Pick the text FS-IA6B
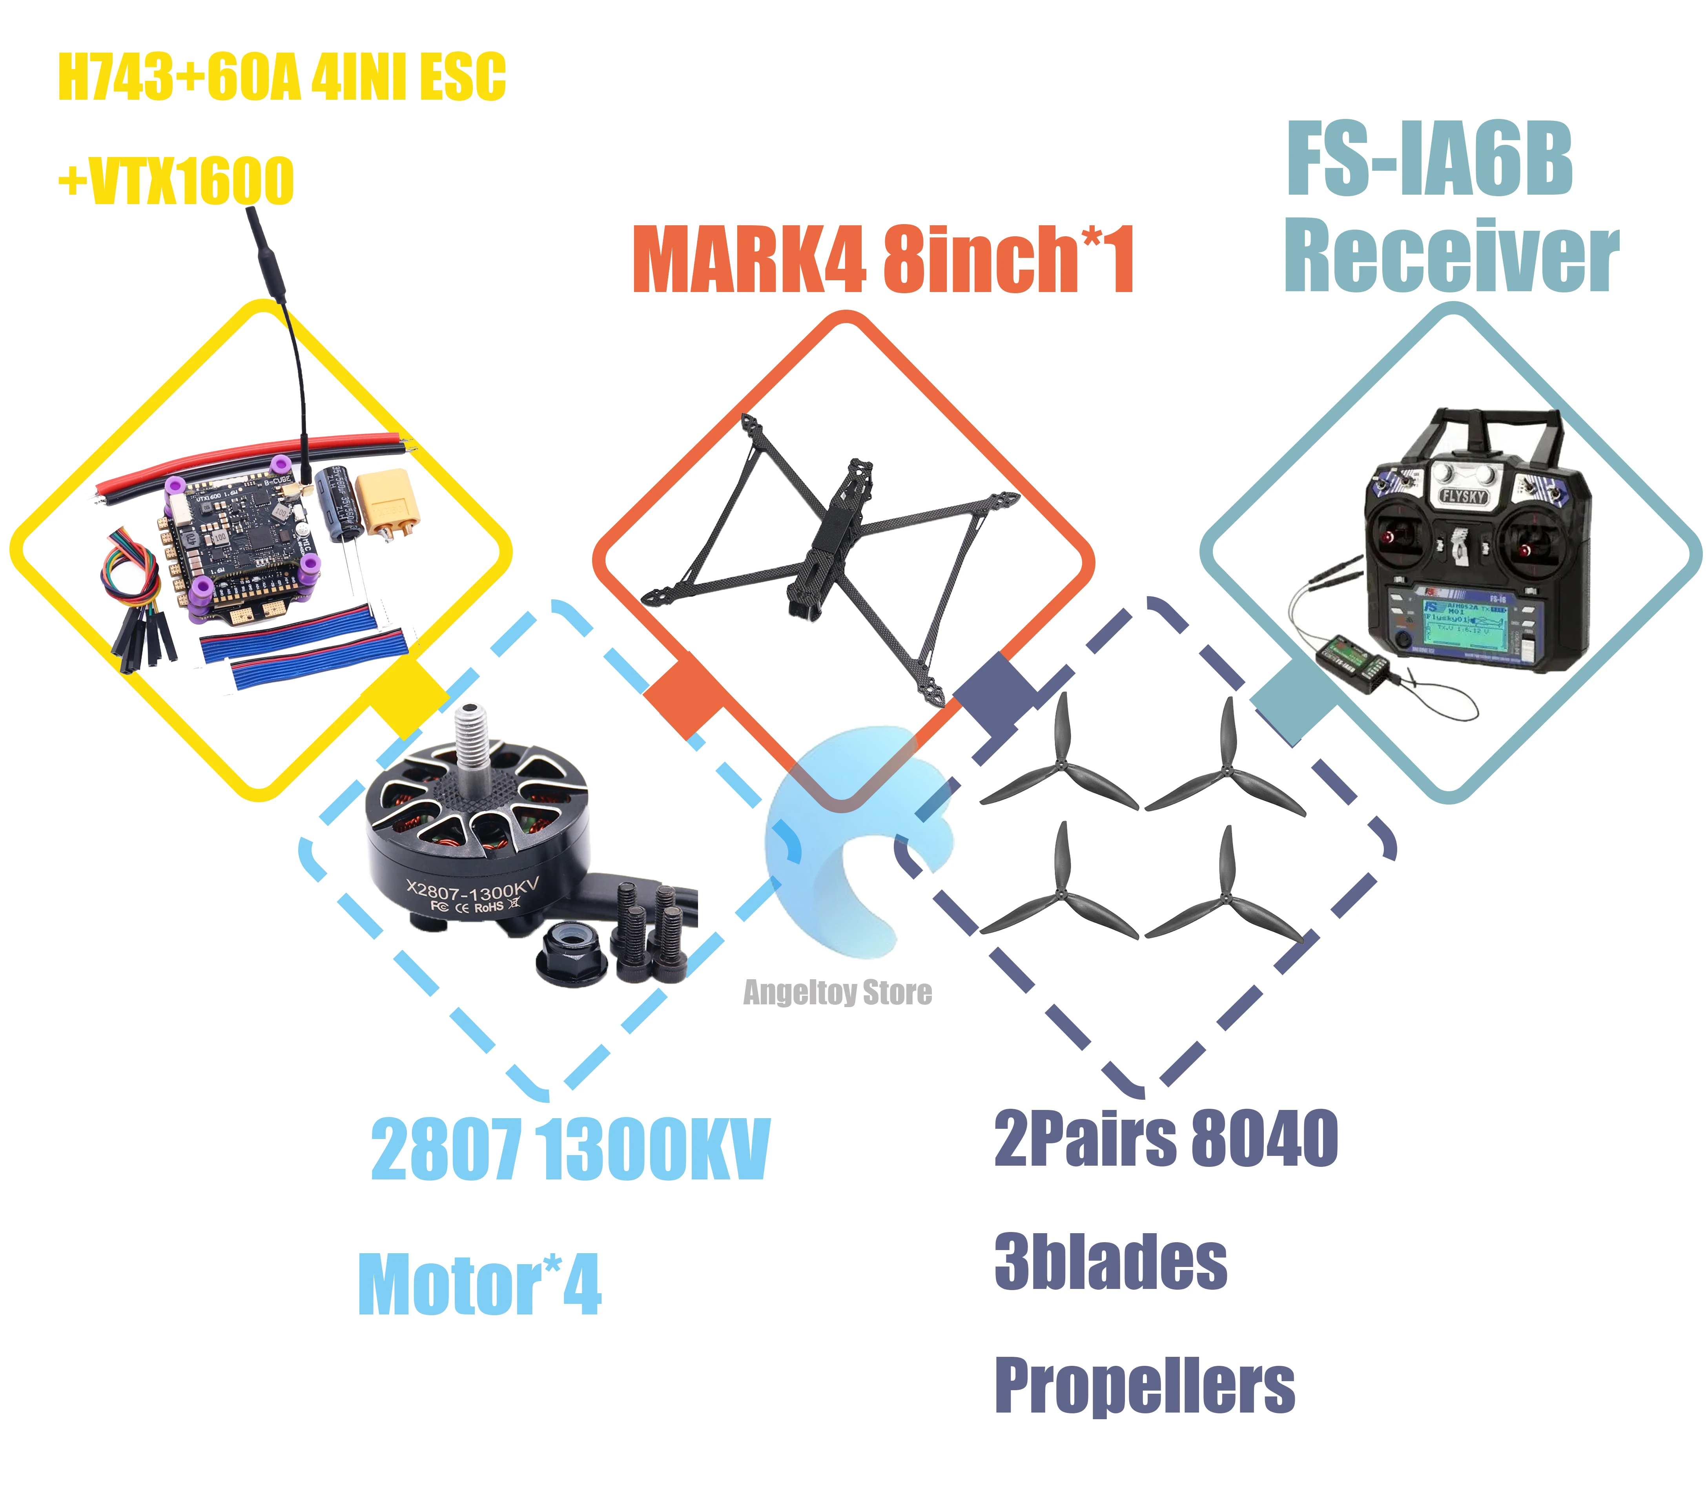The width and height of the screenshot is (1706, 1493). [1429, 160]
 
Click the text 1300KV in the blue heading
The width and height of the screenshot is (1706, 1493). [655, 1150]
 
